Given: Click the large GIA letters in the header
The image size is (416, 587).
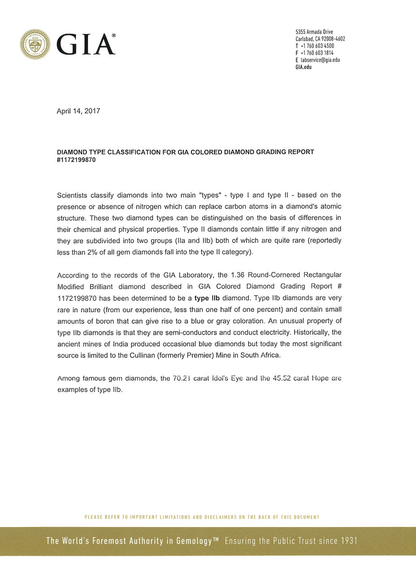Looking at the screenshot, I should coord(86,45).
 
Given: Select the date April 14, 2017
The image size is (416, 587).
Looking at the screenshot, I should coord(78,111).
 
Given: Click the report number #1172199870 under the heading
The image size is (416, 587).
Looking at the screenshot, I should coord(76,160).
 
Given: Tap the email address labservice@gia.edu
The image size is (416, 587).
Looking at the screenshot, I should coord(320,60).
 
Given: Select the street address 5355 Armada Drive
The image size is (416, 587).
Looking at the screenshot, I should coord(314,32).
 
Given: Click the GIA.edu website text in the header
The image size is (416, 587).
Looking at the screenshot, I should coord(303,67).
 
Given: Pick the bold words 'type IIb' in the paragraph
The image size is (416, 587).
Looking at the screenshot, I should coord(207,298).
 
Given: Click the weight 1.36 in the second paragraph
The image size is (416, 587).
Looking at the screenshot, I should coord(237,275).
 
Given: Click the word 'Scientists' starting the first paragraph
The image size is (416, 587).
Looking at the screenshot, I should coord(74,195).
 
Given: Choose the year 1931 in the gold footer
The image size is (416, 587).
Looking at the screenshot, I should coord(349,541).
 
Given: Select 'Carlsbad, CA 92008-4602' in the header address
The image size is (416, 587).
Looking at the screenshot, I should coord(320,39).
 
